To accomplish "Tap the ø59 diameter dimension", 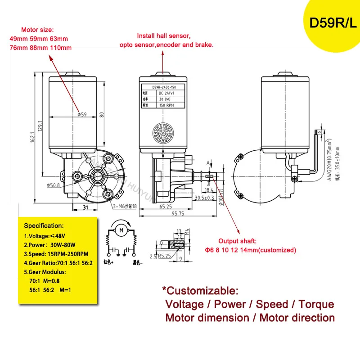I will point(82,114).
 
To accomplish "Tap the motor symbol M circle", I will point(120,230).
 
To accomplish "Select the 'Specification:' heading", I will point(44,225).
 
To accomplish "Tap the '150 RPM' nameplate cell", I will point(167,105).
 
